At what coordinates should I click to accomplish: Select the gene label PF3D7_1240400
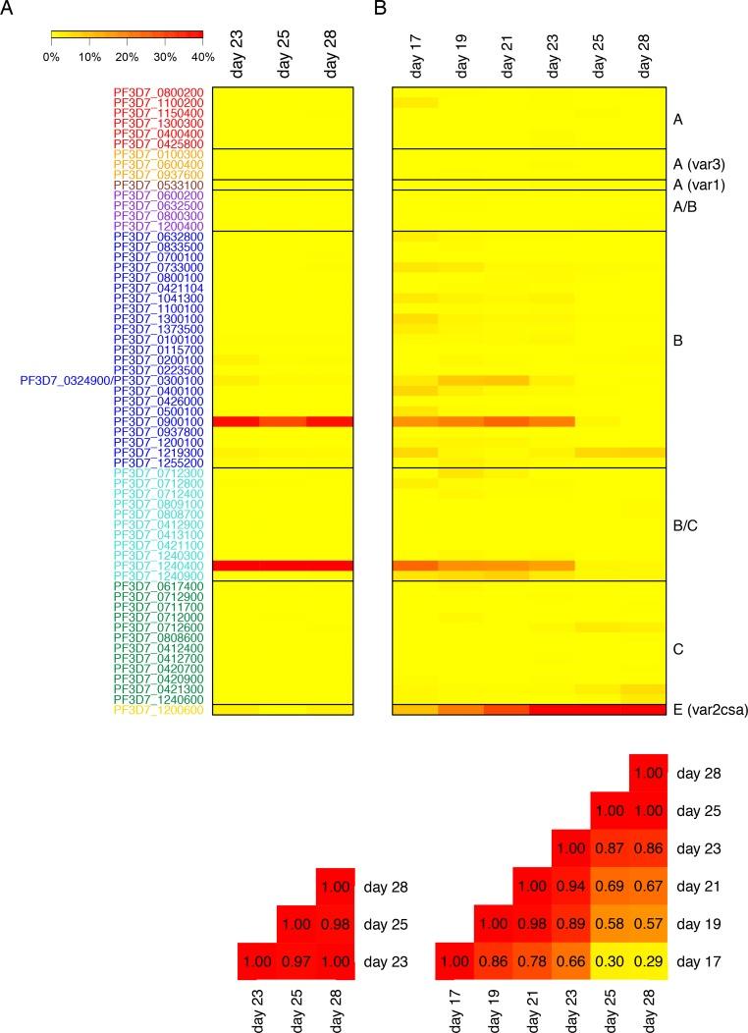(158, 566)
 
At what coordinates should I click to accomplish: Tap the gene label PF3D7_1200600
(158, 709)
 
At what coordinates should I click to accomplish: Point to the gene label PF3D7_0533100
(158, 185)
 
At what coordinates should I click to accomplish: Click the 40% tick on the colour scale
(202, 57)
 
